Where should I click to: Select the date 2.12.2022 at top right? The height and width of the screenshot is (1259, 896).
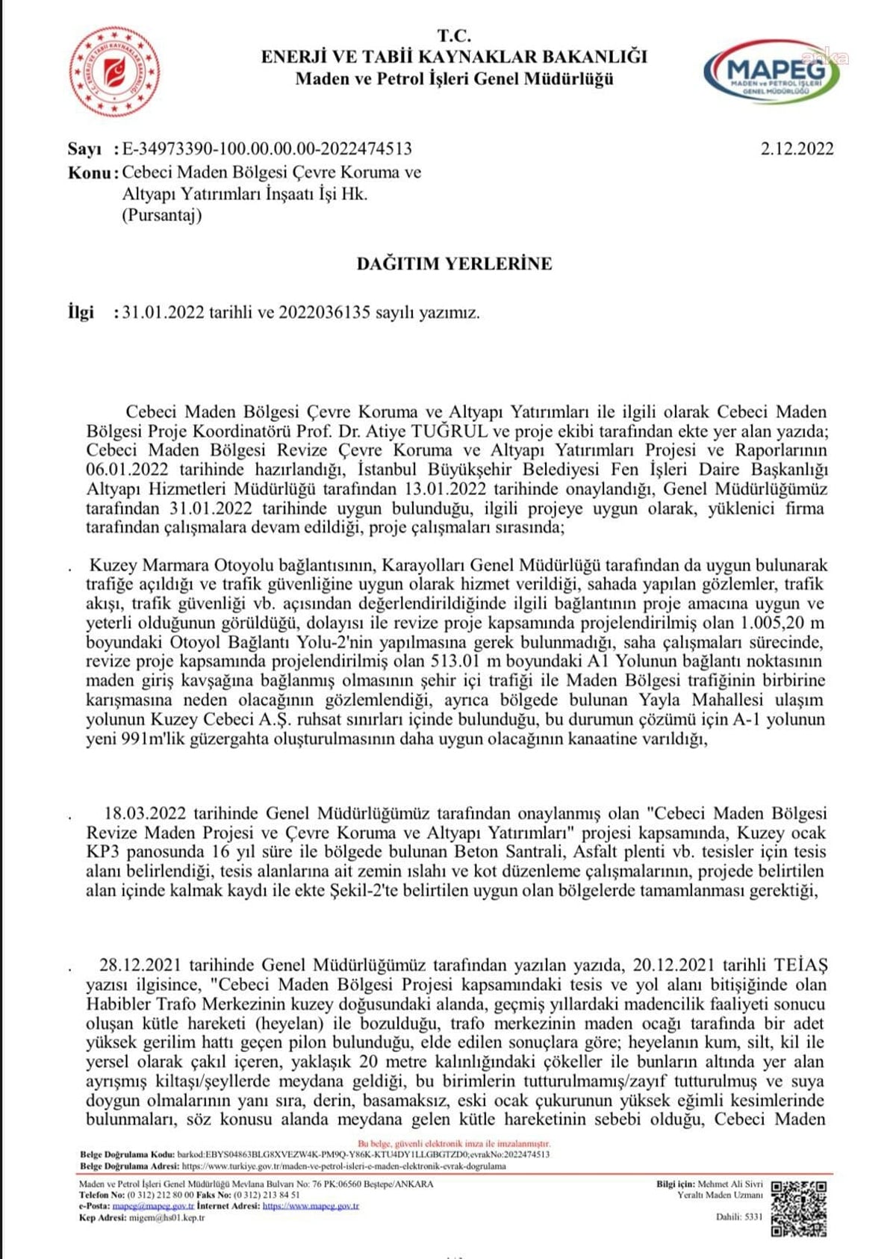pyautogui.click(x=797, y=149)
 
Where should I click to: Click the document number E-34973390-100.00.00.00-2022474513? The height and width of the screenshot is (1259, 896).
pyautogui.click(x=267, y=149)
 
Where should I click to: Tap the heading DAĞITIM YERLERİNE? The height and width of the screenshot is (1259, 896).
pyautogui.click(x=454, y=264)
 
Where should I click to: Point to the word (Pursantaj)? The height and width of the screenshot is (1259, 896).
pyautogui.click(x=162, y=216)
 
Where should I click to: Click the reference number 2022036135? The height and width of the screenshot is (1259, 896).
pyautogui.click(x=324, y=313)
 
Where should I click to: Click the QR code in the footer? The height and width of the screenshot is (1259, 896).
pyautogui.click(x=798, y=1208)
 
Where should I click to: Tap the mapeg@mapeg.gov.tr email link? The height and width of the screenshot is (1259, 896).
pyautogui.click(x=153, y=1205)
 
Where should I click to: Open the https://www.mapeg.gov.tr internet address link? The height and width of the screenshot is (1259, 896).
pyautogui.click(x=311, y=1205)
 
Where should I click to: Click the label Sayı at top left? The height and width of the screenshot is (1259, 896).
pyautogui.click(x=84, y=149)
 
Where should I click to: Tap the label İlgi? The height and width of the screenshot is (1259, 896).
pyautogui.click(x=81, y=313)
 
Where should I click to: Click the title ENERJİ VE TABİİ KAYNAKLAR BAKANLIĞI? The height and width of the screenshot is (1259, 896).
pyautogui.click(x=454, y=57)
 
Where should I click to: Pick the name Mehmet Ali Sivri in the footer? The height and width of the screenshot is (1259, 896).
pyautogui.click(x=730, y=1184)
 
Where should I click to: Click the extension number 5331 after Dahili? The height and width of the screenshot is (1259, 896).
pyautogui.click(x=754, y=1216)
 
